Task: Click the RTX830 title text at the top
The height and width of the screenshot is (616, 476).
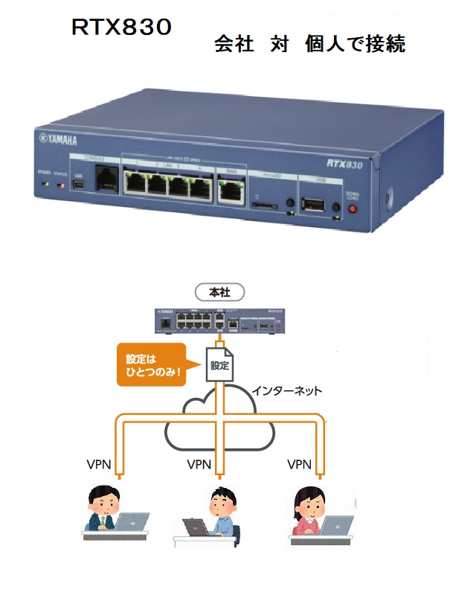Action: click(x=121, y=28)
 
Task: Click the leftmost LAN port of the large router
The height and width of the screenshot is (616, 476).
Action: click(x=138, y=182)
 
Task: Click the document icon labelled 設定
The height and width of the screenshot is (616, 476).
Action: click(x=219, y=364)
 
